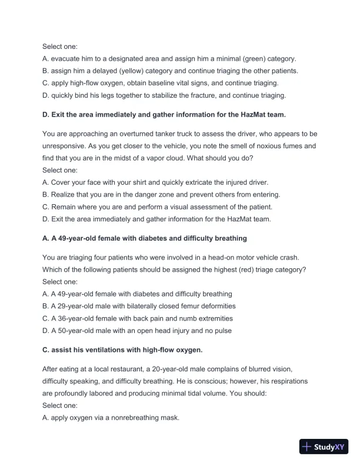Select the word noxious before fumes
click(263, 145)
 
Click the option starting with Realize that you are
click(165, 194)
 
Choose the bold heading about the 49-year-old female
click(145, 238)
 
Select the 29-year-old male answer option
click(139, 306)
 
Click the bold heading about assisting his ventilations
click(122, 349)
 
